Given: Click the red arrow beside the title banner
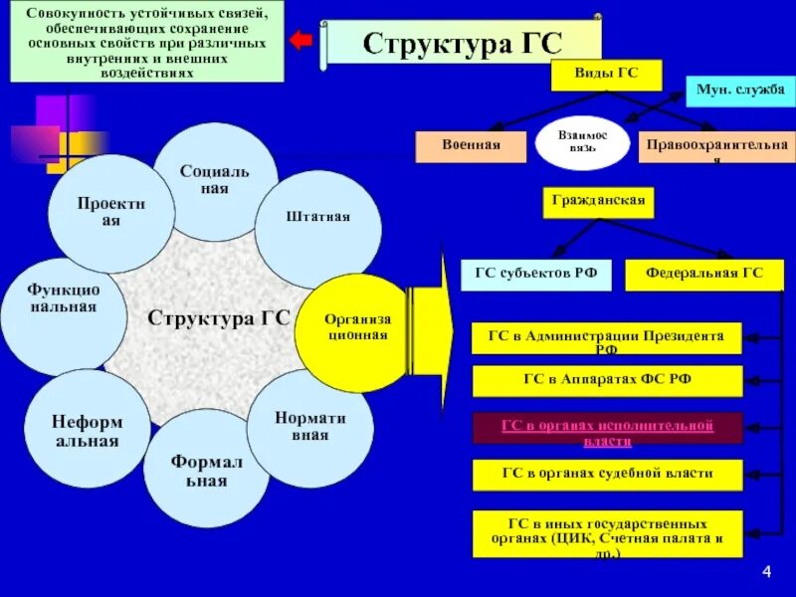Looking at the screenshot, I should coord(300,41).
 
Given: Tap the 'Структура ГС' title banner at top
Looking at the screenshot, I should coord(463,43).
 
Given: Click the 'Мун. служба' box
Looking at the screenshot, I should coord(741,91).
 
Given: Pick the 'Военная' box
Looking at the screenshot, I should coord(471,146).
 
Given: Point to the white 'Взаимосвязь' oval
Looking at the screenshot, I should coord(583,141).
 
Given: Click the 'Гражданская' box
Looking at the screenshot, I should coord(599,202).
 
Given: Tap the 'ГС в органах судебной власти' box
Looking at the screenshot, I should coord(606,475).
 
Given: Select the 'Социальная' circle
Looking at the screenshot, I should coord(215,181).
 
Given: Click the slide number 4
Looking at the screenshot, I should coord(767,570).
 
